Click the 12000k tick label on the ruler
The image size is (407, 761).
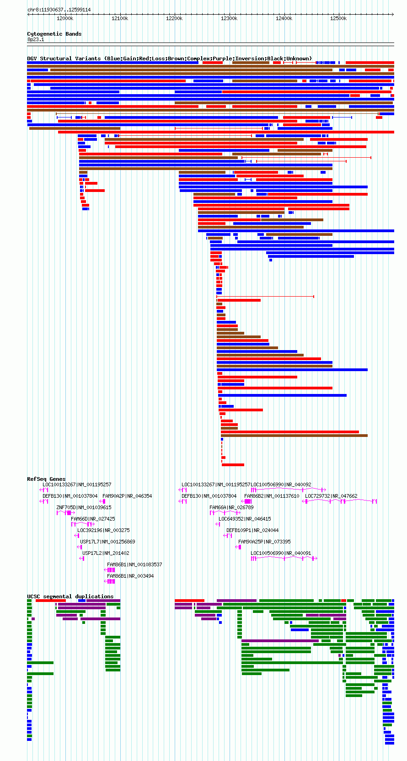[65, 18]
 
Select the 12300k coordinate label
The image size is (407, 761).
[229, 18]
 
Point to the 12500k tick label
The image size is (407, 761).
[338, 18]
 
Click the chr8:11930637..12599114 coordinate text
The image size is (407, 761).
[59, 10]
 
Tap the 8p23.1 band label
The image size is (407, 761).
[36, 39]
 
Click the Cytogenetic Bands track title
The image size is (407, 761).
[54, 34]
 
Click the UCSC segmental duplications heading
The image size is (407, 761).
[70, 596]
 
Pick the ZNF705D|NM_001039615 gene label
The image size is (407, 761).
[84, 507]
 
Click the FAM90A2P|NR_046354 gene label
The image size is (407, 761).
[127, 496]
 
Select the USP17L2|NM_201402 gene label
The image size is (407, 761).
[106, 553]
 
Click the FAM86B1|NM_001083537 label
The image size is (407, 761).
[134, 564]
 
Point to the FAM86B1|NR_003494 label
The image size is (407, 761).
[130, 576]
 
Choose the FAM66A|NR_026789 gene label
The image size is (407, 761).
[231, 507]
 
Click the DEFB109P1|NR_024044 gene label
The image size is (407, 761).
[252, 530]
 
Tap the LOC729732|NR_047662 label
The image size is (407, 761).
[331, 496]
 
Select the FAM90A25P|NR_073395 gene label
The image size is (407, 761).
[264, 542]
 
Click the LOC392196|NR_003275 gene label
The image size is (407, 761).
[103, 530]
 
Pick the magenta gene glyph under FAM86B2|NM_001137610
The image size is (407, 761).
[246, 501]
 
